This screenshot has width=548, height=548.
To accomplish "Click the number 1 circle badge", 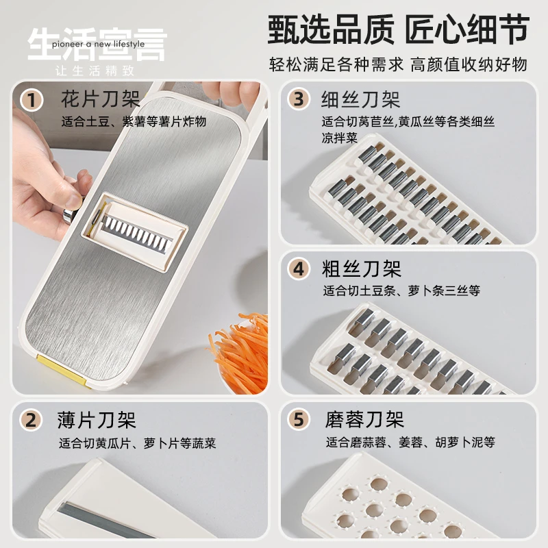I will coord(29,100).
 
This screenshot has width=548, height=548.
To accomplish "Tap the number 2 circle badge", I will coord(29,419).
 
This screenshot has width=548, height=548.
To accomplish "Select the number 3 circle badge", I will coord(298,99).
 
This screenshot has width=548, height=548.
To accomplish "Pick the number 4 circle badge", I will coord(298,269).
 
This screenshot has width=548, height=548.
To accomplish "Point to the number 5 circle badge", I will coord(298,419).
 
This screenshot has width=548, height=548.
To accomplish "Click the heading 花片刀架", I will coord(100,98).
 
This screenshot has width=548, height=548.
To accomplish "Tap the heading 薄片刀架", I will coord(97,419).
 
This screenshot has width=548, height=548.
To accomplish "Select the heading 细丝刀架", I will coord(361,99).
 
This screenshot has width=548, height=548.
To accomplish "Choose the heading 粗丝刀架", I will coord(362,268).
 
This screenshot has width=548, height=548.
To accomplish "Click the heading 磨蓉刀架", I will coord(364,419).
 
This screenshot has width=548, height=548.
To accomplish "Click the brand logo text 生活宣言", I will coord(96,42).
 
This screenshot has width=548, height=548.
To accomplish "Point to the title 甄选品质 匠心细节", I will coord(398,31).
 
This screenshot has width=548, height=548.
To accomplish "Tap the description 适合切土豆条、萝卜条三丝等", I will coord(401,290).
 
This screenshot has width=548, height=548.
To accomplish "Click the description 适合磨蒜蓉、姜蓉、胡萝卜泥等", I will coord(410,442).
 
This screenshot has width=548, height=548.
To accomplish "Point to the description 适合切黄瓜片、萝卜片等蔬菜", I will coord(137,443).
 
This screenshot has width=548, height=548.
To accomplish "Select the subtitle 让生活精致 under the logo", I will coord(95,71).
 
